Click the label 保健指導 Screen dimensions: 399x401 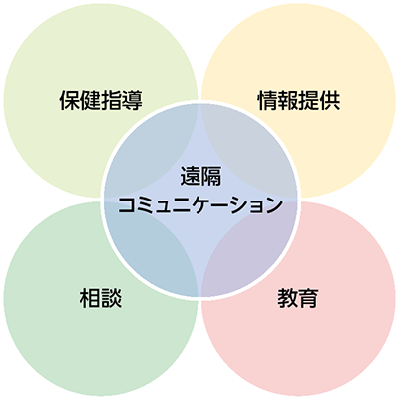[x=101, y=100]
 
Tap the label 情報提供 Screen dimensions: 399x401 [x=299, y=100]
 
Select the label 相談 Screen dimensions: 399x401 [x=101, y=298]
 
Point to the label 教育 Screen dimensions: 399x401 [x=298, y=298]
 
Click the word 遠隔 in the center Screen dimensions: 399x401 [x=200, y=176]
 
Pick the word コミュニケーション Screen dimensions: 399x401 [x=200, y=204]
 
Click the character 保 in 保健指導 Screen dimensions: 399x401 [x=70, y=100]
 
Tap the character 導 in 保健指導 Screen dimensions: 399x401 [x=132, y=100]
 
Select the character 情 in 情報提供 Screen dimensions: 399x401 [x=268, y=100]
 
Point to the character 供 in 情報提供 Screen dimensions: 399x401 [x=330, y=100]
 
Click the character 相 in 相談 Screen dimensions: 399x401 [x=90, y=298]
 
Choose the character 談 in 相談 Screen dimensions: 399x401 [x=111, y=298]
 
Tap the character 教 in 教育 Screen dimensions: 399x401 [x=287, y=298]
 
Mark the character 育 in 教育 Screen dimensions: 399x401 [x=309, y=298]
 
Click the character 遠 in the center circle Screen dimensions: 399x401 [x=191, y=176]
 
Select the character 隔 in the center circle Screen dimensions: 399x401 [x=211, y=176]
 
